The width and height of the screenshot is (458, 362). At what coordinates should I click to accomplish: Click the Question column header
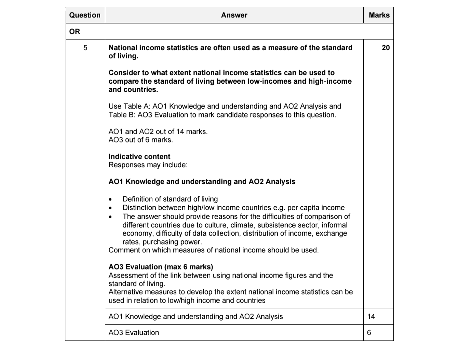85,15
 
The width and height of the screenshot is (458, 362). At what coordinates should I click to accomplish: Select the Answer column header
234,15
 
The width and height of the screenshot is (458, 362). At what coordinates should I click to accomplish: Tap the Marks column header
379,15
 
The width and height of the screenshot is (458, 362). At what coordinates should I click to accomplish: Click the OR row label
75,31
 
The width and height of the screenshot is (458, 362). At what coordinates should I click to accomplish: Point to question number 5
85,48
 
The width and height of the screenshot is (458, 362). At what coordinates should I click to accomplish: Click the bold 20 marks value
386,48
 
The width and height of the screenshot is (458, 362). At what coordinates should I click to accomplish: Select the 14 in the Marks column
371,317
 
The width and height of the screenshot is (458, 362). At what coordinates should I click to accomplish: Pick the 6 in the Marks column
369,333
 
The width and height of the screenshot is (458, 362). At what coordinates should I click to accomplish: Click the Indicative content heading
139,157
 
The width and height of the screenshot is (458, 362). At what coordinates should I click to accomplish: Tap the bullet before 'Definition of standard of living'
110,199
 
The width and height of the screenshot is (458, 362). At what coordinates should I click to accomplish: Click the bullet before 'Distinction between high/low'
110,208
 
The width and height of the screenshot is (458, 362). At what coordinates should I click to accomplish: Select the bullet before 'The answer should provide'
110,217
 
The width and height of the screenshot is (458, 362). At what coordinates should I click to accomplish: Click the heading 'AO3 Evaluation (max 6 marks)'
161,267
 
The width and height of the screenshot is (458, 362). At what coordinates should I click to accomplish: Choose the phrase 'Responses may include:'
148,165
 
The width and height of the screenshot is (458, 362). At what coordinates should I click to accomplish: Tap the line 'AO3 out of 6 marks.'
140,140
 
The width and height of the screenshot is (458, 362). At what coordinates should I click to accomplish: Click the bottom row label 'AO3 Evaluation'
134,333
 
